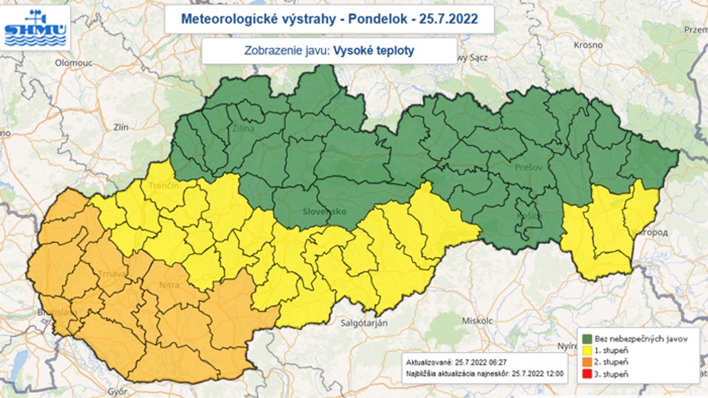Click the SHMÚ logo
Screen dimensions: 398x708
click(35, 28)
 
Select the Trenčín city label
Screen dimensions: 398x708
click(164, 186)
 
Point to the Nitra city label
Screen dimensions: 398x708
click(169, 285)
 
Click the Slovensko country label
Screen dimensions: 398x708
click(324, 211)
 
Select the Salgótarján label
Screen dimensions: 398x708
click(364, 323)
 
